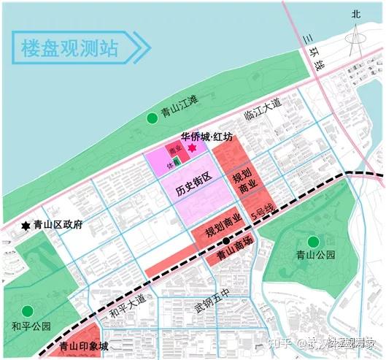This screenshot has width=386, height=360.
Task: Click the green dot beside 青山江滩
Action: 152,118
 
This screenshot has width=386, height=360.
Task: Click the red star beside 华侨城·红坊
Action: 192,148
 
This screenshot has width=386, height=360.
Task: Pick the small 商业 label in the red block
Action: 174,151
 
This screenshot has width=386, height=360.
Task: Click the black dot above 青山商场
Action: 228,240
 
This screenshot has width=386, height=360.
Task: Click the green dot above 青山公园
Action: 314,242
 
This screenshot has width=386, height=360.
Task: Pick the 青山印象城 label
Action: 83,346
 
